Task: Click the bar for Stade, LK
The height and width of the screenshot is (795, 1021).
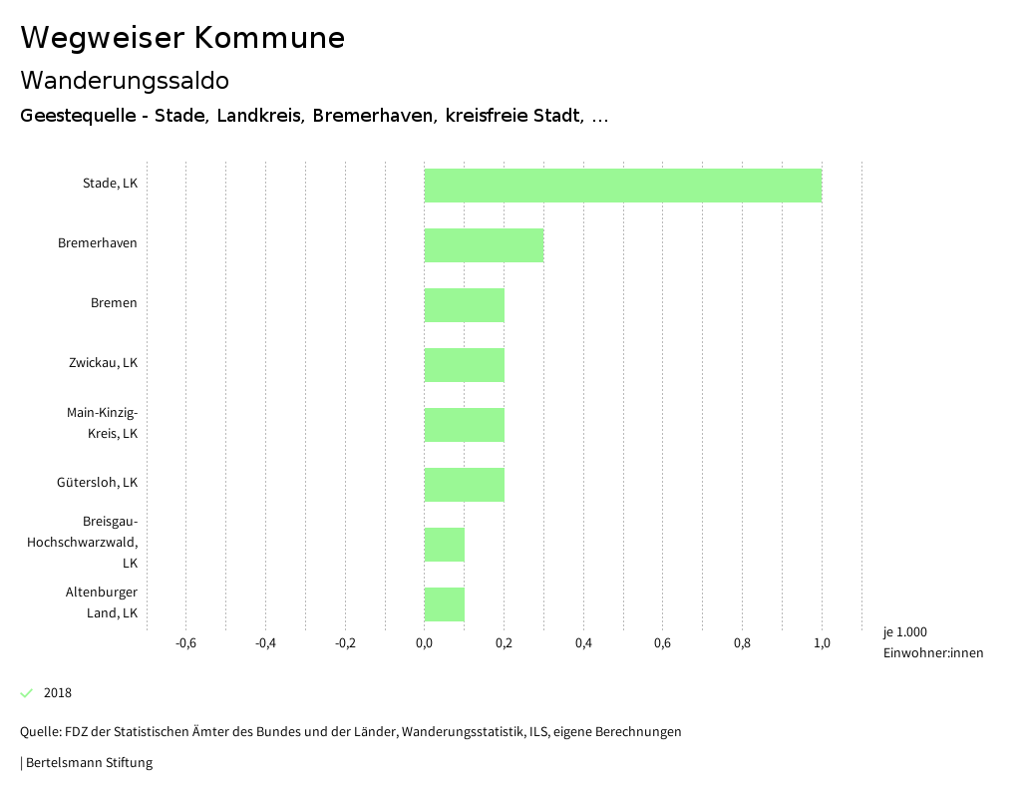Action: point(622,186)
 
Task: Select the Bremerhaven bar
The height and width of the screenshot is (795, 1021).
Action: point(484,245)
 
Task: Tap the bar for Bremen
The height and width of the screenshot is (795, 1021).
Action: point(464,305)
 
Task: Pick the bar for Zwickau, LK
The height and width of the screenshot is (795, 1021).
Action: point(464,365)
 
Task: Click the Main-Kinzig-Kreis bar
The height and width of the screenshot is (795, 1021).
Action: point(464,425)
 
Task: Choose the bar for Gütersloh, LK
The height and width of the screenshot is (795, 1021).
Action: point(464,485)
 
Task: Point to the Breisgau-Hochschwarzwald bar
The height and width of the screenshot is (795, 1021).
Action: point(444,545)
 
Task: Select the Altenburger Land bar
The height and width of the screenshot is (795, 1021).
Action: point(444,604)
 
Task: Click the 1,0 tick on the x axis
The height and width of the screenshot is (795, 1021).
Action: point(822,643)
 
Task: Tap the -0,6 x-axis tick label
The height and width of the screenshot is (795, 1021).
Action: point(185,643)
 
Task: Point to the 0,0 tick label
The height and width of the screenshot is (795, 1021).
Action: point(424,643)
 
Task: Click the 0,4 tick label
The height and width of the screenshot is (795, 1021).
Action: point(583,643)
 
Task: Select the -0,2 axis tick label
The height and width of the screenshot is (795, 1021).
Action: point(345,643)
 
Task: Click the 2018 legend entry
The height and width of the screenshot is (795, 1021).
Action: point(57,693)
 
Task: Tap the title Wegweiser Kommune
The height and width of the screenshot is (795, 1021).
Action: point(182,38)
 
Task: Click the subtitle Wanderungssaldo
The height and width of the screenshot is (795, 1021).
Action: point(125,80)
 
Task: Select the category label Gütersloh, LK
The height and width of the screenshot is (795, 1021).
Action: point(97,483)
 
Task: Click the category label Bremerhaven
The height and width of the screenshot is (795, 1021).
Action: point(98,243)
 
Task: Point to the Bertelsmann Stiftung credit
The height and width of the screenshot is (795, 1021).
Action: point(88,763)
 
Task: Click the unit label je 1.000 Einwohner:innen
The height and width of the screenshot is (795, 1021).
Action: point(932,642)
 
